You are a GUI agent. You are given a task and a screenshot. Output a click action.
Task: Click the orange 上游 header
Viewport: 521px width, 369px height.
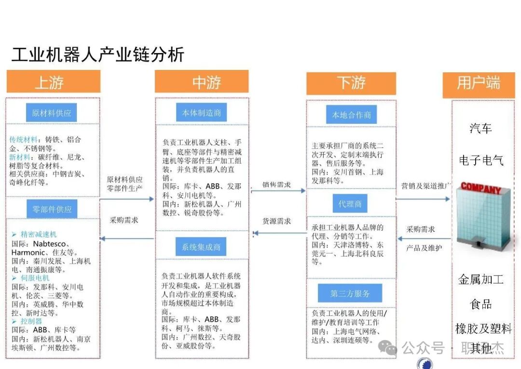pos(53,82)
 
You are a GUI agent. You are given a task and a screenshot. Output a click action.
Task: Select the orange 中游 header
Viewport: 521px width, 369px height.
pos(202,82)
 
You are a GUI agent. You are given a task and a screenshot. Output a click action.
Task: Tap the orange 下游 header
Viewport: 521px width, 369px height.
pos(351,83)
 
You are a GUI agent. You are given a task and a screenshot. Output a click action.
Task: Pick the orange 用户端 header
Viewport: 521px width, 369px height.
pos(479,83)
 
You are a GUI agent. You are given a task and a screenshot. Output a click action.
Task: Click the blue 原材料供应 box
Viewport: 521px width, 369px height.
pos(51,113)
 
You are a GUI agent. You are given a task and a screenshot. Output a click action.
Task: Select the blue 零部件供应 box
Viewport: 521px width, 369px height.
pos(52,209)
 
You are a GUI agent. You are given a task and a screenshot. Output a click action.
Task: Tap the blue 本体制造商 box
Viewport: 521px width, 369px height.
pos(201,113)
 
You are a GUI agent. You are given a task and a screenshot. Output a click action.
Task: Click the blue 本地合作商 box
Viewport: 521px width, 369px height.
pos(351,115)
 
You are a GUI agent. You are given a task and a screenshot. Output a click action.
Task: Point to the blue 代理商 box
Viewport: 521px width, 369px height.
pos(350,204)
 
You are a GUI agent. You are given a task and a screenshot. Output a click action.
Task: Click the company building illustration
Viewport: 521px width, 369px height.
pos(483,217)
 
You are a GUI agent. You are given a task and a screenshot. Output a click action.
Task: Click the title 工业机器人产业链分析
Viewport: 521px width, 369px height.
pos(97,55)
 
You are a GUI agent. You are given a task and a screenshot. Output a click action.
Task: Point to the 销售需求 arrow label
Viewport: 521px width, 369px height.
pos(276,185)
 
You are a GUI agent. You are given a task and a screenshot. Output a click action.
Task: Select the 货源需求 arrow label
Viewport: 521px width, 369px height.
pos(276,221)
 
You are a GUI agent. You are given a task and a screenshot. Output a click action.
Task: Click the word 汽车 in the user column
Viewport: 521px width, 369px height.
pos(480,128)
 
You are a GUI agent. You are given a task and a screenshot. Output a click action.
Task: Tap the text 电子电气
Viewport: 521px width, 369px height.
pos(481,160)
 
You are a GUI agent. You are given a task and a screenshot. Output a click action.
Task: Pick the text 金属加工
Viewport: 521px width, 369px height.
pos(480,279)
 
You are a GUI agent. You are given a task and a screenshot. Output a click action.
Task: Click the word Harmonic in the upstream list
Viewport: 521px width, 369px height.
pos(28,252)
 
